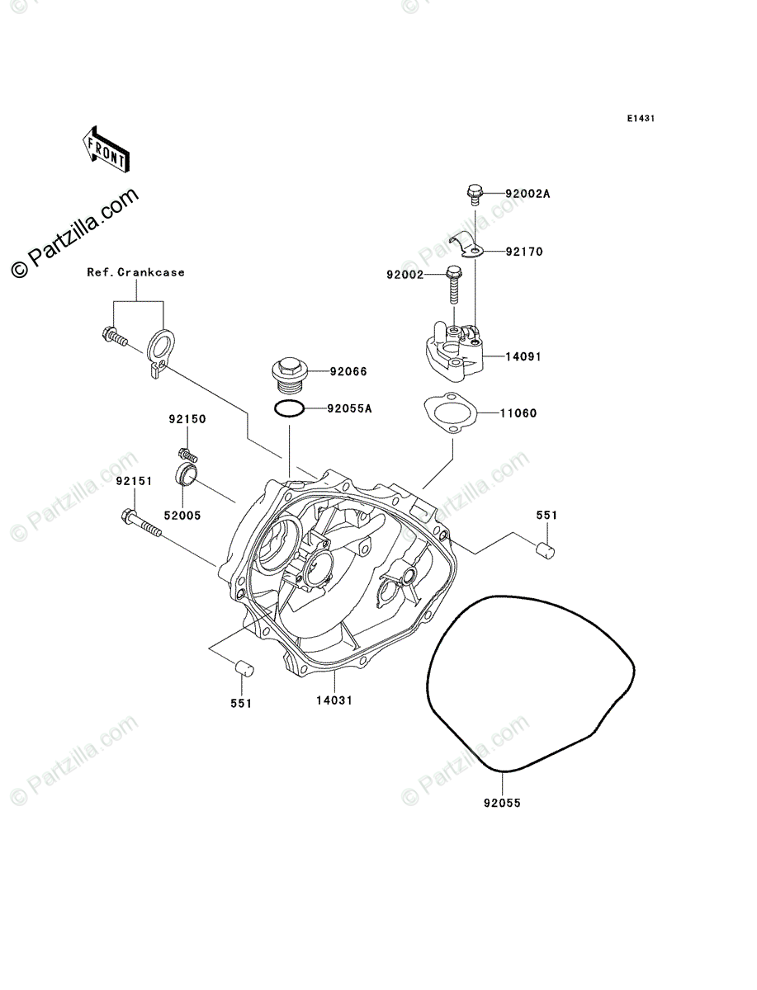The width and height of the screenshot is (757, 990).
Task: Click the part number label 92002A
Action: click(x=528, y=195)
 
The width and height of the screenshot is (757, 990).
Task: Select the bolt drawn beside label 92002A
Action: click(x=474, y=194)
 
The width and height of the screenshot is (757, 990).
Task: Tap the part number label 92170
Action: click(x=525, y=251)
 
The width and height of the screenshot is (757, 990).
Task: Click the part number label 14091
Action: click(x=524, y=358)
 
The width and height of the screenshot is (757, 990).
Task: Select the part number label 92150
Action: click(x=189, y=419)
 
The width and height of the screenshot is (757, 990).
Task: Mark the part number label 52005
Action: click(x=182, y=515)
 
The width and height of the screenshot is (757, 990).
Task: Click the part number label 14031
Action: click(x=334, y=700)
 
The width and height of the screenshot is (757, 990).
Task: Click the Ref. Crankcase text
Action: click(x=136, y=272)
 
